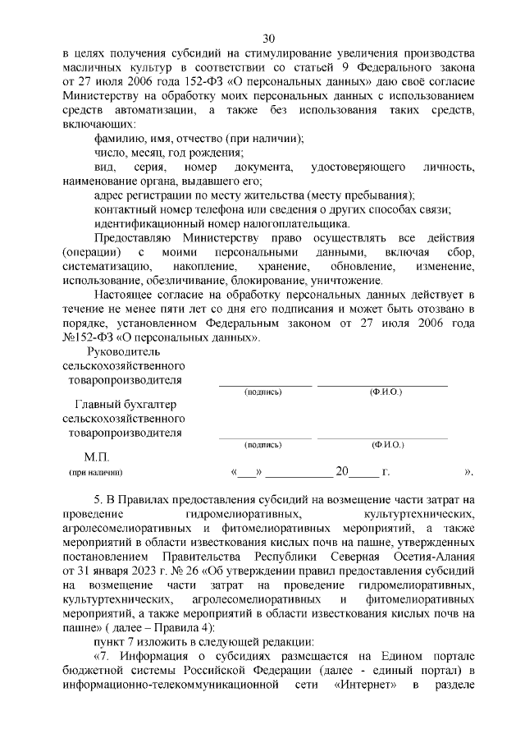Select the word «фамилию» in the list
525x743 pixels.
pyautogui.click(x=116, y=138)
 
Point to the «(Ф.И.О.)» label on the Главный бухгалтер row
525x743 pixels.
pyautogui.click(x=386, y=444)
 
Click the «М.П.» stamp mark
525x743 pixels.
pyautogui.click(x=96, y=456)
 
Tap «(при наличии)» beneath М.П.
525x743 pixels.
pyautogui.click(x=95, y=473)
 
